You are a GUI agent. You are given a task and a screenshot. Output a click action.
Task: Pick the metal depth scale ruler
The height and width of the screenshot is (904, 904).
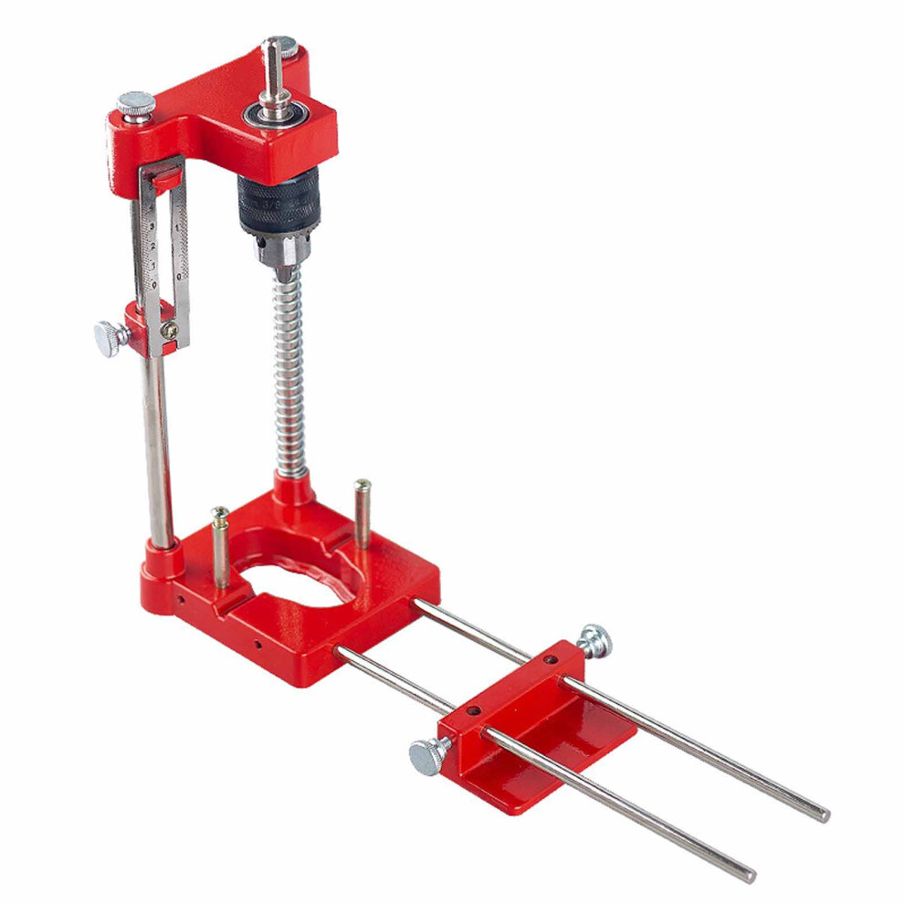162,237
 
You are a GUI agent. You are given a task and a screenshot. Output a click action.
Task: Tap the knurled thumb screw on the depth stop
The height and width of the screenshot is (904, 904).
110,339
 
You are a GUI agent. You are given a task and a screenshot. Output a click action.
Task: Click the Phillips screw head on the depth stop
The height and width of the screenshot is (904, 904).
169,331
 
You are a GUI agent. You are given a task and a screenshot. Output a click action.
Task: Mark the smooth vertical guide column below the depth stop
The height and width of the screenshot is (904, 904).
157,447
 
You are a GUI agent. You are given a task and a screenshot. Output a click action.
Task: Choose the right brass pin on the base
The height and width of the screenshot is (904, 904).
363,511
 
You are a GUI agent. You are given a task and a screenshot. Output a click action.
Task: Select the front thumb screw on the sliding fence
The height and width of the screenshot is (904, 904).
427,754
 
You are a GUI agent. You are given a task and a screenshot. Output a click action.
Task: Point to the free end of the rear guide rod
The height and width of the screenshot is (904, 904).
821,813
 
